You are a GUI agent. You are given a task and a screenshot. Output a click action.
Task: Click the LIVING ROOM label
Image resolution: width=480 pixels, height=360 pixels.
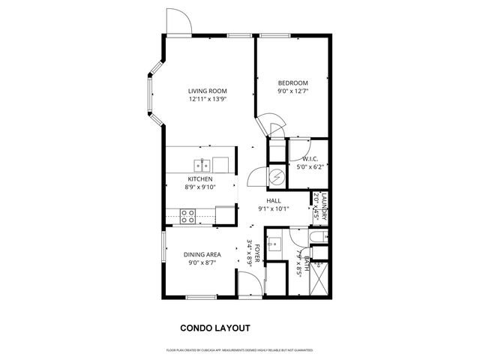coord(207,91)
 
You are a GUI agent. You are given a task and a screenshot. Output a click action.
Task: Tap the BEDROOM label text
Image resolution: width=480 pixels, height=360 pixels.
coord(292,83)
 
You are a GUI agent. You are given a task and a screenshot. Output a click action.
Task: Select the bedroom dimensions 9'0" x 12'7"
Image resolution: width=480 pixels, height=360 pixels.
coord(292,91)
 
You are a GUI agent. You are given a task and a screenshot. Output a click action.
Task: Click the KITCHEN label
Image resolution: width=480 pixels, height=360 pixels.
coord(200,180)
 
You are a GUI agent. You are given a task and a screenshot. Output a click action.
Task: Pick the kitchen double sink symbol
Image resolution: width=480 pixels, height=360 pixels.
coord(202,164)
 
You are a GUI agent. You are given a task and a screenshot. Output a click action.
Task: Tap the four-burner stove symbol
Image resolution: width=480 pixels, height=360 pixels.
coord(188,216)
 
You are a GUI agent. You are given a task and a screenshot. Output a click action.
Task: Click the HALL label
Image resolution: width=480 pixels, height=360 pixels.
coord(273,201)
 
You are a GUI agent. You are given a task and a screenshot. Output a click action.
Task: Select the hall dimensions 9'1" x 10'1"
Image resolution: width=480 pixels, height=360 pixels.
coord(273,209)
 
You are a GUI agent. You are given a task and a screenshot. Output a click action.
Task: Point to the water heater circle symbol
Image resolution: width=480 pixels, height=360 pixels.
coord(277,177)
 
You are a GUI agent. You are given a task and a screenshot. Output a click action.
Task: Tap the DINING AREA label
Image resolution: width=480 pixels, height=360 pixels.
coord(202,255)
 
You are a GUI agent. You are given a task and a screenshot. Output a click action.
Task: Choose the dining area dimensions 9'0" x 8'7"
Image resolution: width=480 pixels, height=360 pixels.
coord(202,263)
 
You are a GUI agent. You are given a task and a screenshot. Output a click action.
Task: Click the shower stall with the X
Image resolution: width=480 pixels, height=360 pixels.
coord(320,281)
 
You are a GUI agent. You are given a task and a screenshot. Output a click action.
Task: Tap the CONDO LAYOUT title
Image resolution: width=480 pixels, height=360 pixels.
coord(215,328)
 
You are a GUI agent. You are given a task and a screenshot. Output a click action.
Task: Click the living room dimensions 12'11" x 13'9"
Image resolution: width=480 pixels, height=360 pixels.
coord(207,100)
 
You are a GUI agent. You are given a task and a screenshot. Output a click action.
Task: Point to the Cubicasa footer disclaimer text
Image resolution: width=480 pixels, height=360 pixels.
coord(240,350)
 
